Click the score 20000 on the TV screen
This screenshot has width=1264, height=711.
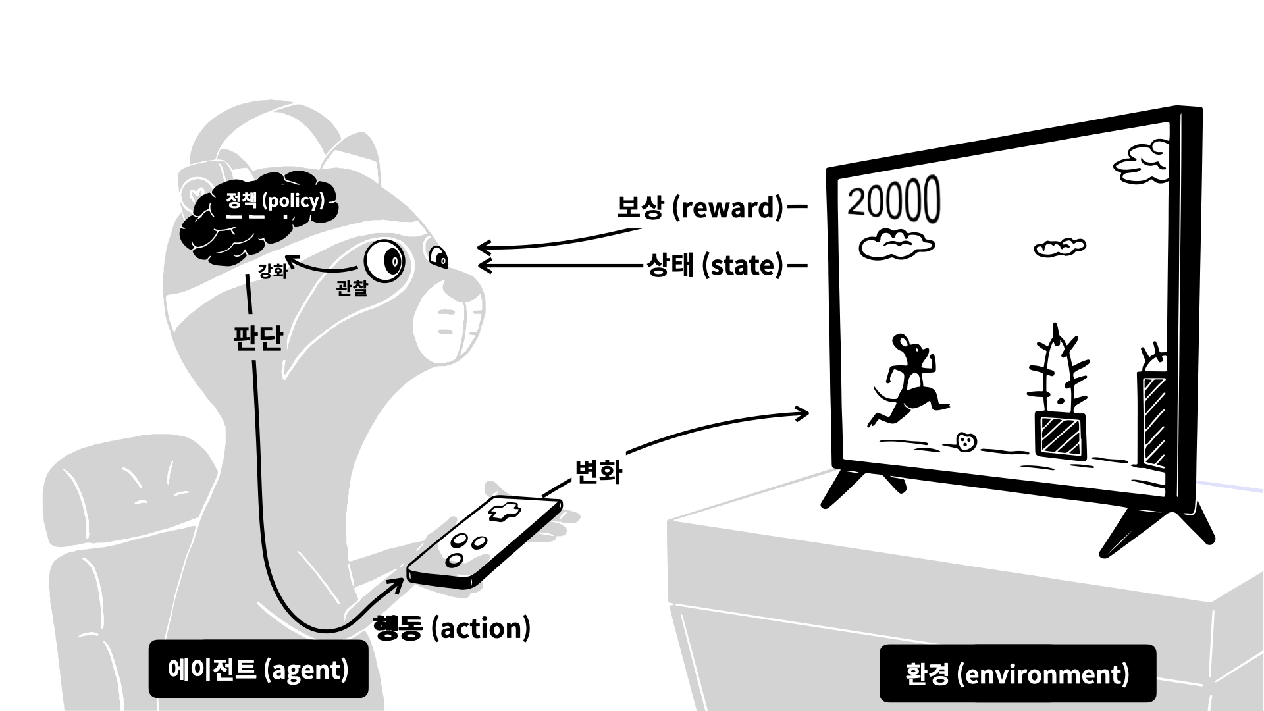pos(893,200)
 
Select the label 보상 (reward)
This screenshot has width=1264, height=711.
pos(699,207)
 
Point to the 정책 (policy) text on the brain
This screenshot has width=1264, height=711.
pos(275,200)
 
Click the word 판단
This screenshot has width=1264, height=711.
pos(258,338)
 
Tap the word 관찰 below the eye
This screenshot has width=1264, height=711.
pos(352,288)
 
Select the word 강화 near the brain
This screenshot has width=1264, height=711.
pos(273,271)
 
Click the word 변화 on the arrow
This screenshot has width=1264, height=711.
pos(598,471)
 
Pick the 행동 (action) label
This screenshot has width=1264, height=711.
pos(452,628)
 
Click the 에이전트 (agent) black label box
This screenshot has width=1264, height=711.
pos(258,670)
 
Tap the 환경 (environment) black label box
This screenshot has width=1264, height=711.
pos(1017,673)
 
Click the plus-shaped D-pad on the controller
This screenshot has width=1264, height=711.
pos(504,511)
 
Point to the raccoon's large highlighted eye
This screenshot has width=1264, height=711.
pos(385,262)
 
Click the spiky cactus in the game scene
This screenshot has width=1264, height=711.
pos(1057,372)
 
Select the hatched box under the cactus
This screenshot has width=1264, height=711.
pos(1060,434)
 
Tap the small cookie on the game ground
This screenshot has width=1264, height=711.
pos(966,442)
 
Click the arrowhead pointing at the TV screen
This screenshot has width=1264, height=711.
pos(802,413)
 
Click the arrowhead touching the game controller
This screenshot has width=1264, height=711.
pos(396,583)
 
